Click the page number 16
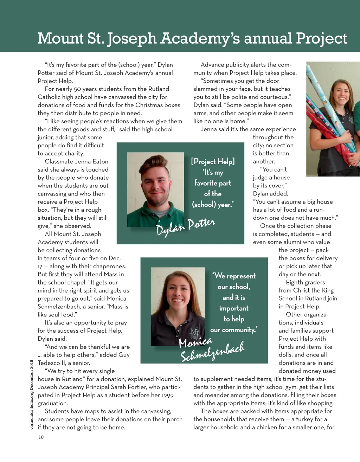pos(41,437)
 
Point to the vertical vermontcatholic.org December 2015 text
pos(32,394)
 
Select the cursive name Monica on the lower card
pos(195,341)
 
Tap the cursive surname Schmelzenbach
pos(212,352)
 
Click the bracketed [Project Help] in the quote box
pos(213,161)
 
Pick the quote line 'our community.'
pos(234,330)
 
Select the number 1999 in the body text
pos(168,395)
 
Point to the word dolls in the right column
pos(286,355)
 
